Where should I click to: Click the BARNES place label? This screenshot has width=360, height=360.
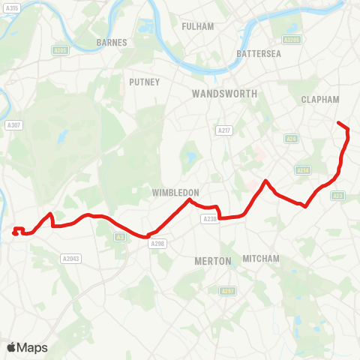pyautogui.click(x=112, y=43)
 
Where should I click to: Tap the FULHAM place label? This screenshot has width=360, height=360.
pyautogui.click(x=198, y=26)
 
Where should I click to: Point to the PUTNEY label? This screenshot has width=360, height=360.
pyautogui.click(x=144, y=82)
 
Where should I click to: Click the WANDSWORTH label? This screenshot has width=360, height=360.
pyautogui.click(x=224, y=94)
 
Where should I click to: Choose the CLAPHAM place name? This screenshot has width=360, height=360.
pyautogui.click(x=320, y=99)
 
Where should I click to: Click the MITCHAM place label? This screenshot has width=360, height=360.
pyautogui.click(x=261, y=259)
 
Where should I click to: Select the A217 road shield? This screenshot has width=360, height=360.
pyautogui.click(x=223, y=130)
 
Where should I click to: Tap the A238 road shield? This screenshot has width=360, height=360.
pyautogui.click(x=208, y=219)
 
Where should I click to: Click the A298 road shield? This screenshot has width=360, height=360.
pyautogui.click(x=157, y=244)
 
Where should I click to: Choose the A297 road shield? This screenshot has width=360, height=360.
pyautogui.click(x=227, y=290)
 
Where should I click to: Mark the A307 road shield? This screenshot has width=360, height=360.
pyautogui.click(x=13, y=125)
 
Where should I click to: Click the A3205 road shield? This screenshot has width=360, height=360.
pyautogui.click(x=292, y=40)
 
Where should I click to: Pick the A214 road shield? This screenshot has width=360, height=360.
pyautogui.click(x=303, y=170)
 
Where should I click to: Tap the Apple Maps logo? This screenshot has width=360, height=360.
pyautogui.click(x=27, y=347)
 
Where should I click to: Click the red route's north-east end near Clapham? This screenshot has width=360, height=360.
pyautogui.click(x=339, y=123)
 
